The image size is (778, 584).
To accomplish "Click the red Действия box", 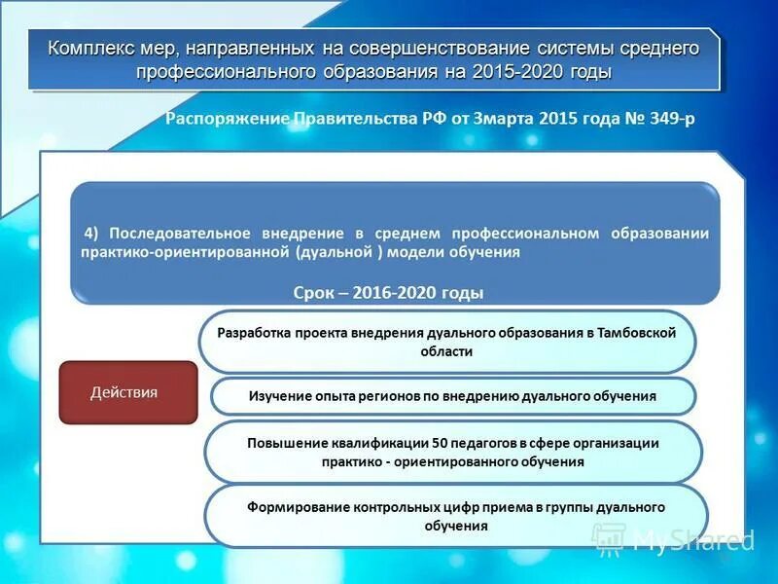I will click(x=127, y=392).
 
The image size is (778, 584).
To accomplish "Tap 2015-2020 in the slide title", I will click(x=529, y=72).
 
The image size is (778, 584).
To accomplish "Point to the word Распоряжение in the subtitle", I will click(x=227, y=119).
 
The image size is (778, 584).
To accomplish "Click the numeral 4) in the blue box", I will click(x=92, y=234).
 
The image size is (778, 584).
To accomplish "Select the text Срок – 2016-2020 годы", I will click(x=388, y=293).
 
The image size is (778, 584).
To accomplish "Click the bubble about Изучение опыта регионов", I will click(x=452, y=396).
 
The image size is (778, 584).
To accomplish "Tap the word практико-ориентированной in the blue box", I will click(x=182, y=251).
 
